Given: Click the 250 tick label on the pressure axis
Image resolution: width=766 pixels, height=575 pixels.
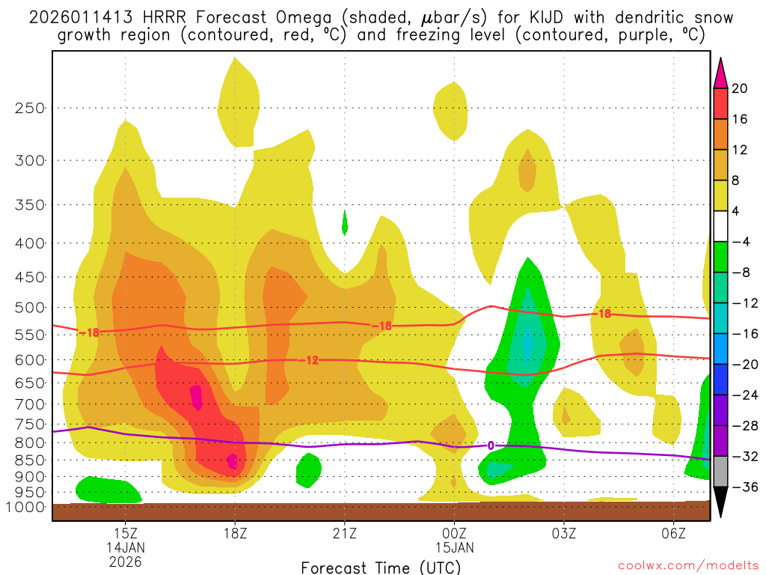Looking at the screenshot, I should [30, 108].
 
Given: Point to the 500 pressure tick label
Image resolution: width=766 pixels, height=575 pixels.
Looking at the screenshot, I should [30, 308].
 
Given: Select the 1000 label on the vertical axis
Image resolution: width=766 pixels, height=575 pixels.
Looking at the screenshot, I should [27, 507].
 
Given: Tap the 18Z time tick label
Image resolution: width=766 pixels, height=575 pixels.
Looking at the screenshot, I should [235, 533].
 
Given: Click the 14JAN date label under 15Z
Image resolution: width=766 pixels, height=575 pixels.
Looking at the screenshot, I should [125, 547].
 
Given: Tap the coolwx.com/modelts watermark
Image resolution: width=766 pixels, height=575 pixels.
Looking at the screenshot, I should [688, 567].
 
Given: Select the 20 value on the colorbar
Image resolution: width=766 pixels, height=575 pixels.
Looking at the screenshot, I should [740, 88].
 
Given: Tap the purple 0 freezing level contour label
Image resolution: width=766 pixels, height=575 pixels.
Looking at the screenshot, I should [491, 445].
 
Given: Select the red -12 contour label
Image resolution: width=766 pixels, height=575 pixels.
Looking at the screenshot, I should [309, 360].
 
